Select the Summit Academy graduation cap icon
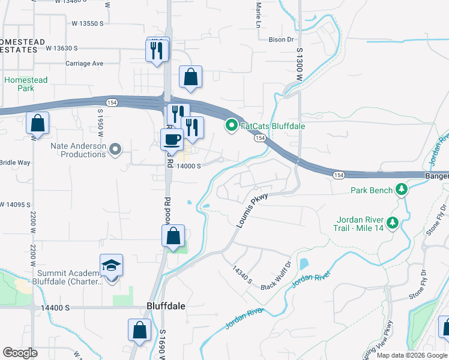tap(111, 265)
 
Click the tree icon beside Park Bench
tap(402, 191)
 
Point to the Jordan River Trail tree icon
tap(393, 223)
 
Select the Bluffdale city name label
tap(165, 305)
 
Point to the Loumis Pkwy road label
tap(250, 213)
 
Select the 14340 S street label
tap(243, 275)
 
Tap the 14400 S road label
tap(56, 308)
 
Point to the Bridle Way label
tap(14, 163)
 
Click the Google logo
tap(20, 353)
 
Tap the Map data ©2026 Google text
tap(411, 355)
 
